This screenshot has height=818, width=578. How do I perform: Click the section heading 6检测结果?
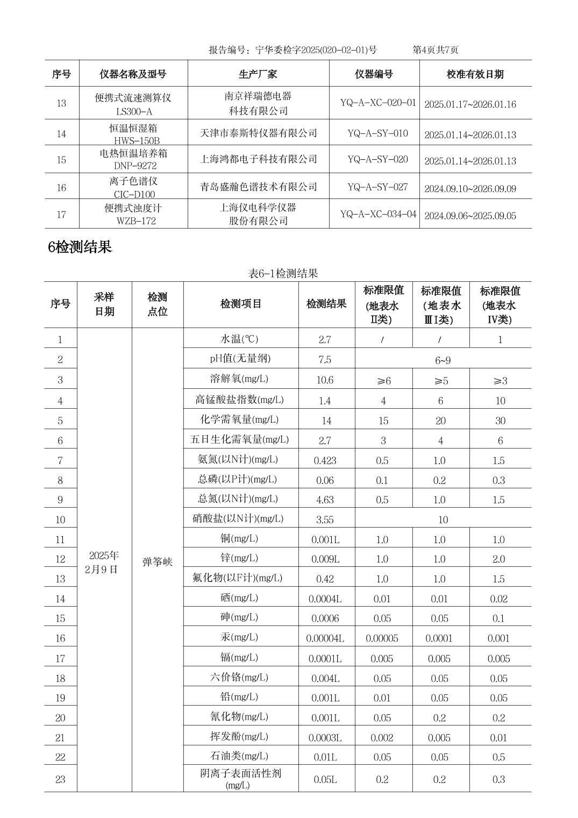coord(80,247)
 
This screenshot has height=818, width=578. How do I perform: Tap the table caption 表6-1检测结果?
coord(283,273)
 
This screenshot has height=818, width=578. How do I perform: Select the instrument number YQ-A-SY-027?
coord(377,187)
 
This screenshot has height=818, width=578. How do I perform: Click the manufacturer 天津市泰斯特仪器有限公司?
coord(258,133)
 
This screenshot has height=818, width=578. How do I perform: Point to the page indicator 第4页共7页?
coord(435,50)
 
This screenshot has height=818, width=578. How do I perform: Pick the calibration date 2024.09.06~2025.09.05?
coord(470,216)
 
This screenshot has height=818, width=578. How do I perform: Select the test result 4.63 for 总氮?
coord(325,500)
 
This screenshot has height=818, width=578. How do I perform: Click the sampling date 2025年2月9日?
coord(103,563)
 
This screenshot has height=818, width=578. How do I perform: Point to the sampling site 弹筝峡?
coord(158,563)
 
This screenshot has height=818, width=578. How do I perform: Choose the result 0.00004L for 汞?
coord(325,638)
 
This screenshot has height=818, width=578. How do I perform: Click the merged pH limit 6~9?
coord(443,360)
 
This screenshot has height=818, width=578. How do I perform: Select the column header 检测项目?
coord(240,304)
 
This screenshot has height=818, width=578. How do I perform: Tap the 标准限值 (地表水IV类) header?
coord(499,305)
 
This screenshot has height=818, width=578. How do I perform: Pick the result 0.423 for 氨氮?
coord(325,460)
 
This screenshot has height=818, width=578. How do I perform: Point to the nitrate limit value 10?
coord(443,520)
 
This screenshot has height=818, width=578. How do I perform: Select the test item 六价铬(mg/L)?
coord(239,677)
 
